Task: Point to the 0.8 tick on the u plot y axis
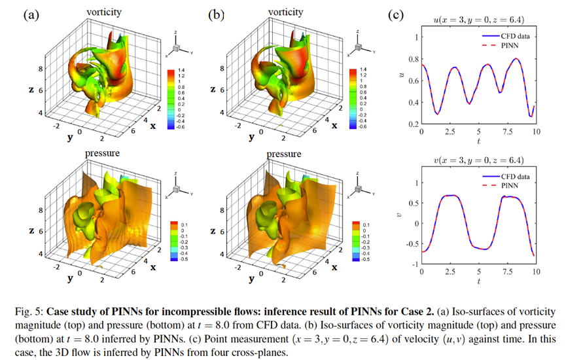(415, 59)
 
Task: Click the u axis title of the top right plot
(403, 80)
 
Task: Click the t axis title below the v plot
(478, 281)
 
